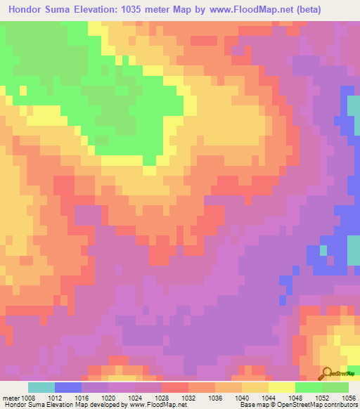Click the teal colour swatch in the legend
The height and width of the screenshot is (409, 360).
pos(41,387)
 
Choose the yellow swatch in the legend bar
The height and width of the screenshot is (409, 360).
pos(281,387)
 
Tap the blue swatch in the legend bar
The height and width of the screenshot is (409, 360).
pos(68,387)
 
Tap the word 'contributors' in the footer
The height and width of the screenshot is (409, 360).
pos(339,405)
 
